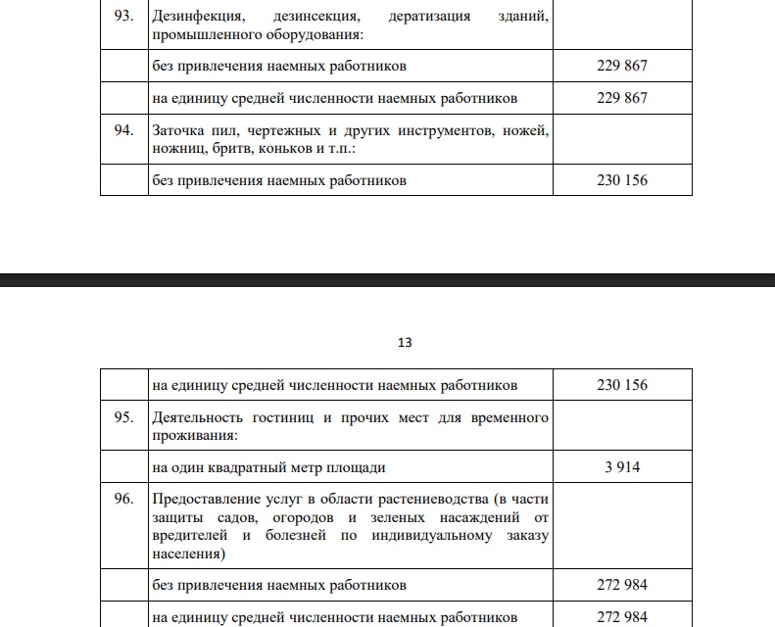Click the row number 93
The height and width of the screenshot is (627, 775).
[123, 18]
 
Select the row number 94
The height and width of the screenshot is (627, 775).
[123, 130]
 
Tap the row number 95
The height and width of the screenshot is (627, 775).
[123, 418]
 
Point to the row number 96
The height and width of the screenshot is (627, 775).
[123, 500]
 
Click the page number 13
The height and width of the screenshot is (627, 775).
[405, 343]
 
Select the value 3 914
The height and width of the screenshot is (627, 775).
[622, 467]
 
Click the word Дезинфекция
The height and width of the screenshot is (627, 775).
[200, 18]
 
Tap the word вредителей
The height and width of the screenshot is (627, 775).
[188, 536]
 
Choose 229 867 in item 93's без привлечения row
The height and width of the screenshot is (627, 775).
[622, 67]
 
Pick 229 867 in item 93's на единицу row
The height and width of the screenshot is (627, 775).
[622, 98]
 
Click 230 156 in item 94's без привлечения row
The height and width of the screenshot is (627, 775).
[622, 180]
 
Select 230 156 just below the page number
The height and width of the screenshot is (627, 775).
[622, 385]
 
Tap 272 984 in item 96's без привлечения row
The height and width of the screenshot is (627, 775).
[622, 586]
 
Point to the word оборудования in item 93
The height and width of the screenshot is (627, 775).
[311, 35]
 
